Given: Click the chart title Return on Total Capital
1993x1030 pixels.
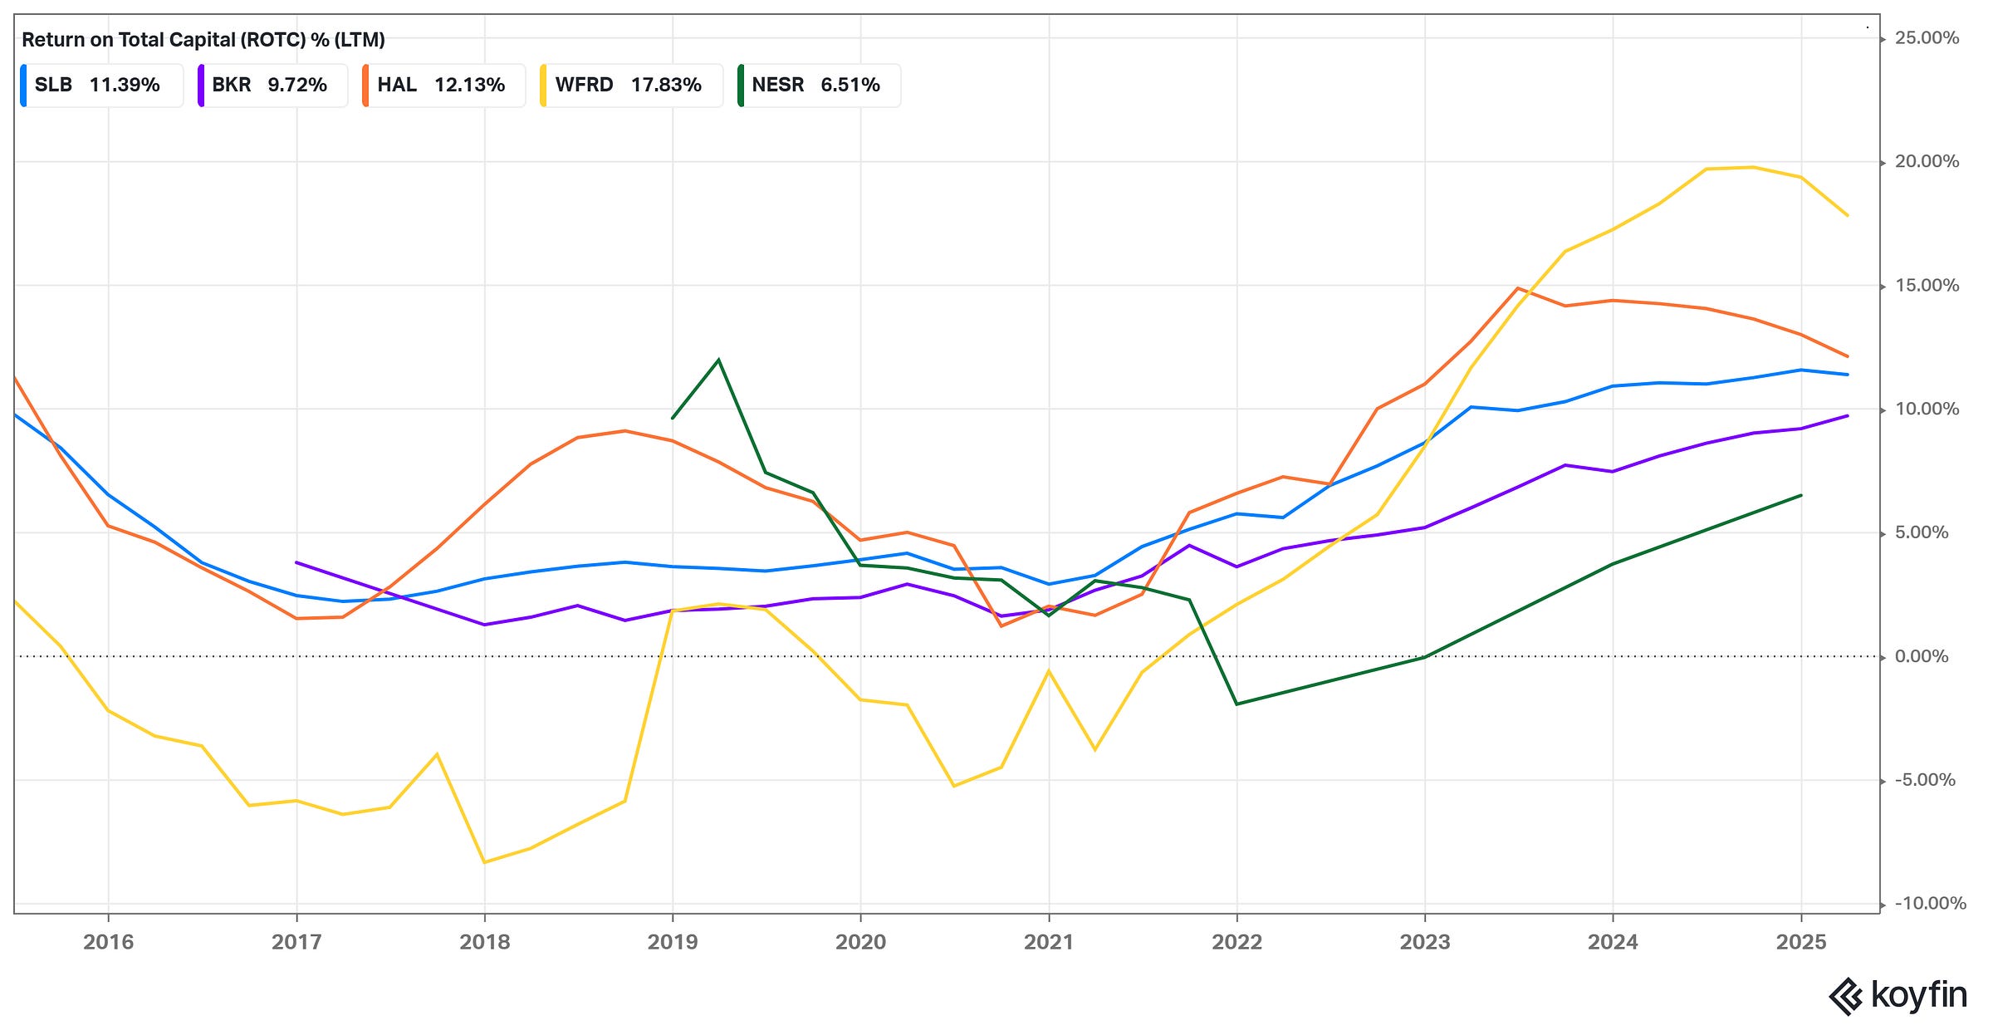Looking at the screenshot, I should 203,40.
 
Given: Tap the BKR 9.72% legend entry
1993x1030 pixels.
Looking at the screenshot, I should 272,85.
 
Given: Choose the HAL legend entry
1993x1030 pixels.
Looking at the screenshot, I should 443,85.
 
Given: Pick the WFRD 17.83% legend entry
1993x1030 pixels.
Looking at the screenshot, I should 630,85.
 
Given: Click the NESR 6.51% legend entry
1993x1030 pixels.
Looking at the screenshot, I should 818,85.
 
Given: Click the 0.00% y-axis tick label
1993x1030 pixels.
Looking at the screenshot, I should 1921,657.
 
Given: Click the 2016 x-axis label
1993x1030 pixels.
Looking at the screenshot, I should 108,942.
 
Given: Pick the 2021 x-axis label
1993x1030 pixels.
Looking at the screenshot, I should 1049,942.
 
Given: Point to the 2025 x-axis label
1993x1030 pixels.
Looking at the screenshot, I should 1800,942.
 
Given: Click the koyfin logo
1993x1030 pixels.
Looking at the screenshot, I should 1898,995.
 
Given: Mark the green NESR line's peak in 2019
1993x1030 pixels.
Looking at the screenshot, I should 718,360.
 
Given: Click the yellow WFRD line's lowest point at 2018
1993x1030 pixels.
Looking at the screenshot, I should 484,862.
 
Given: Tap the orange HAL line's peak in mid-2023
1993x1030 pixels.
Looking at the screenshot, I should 1518,288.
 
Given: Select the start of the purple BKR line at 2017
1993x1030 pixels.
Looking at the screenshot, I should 296,562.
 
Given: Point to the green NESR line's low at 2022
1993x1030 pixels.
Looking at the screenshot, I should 1236,704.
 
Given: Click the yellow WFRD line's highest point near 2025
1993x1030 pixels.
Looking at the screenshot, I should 1752,167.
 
